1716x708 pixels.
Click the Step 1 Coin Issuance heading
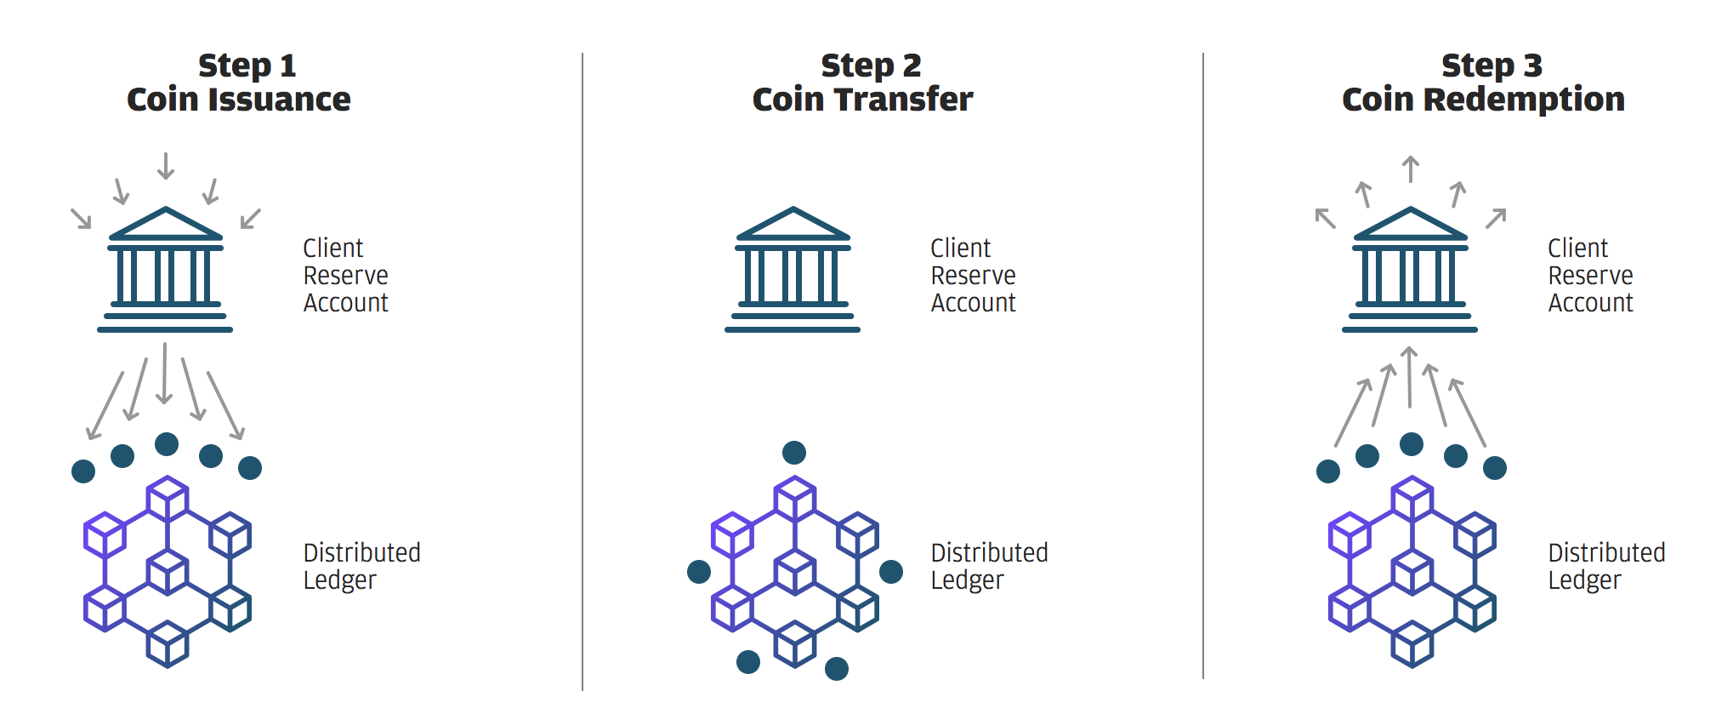[239, 83]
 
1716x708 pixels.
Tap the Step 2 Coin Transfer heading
[863, 83]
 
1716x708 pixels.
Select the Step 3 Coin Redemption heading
[1484, 83]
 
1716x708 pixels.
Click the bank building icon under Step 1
[165, 269]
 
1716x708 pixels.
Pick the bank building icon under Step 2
[793, 269]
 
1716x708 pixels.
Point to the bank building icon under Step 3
[1410, 269]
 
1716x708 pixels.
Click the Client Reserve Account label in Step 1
[346, 276]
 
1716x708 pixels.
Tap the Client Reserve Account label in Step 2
[974, 276]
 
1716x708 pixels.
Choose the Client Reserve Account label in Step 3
[1591, 276]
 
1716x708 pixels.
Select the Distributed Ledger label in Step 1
[362, 567]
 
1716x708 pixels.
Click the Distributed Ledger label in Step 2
[990, 567]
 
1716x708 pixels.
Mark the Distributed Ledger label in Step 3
[1607, 567]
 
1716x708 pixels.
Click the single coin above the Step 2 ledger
[794, 453]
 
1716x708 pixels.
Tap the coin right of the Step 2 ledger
[891, 572]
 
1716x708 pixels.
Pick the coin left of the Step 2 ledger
[699, 572]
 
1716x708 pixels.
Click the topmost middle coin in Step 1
[167, 444]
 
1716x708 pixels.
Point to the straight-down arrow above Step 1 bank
[166, 166]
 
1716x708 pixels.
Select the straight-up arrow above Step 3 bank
[1411, 168]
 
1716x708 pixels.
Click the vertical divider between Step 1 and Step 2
[582, 372]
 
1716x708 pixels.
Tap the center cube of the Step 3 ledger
[1412, 572]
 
